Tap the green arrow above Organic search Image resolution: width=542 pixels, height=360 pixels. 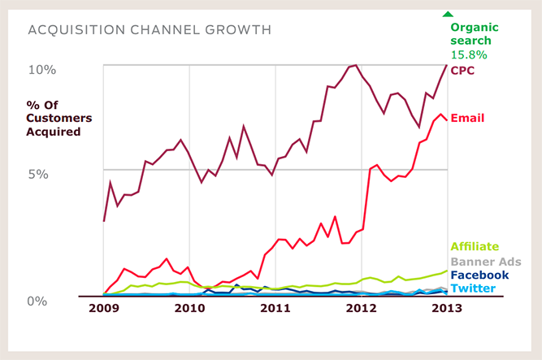(x=446, y=14)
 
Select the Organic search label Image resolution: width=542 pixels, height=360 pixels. (x=475, y=33)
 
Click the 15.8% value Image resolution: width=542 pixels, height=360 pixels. (x=468, y=55)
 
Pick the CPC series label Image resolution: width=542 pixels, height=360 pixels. (x=462, y=70)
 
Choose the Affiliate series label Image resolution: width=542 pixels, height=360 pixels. (x=475, y=246)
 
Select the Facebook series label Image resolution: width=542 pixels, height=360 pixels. (x=479, y=275)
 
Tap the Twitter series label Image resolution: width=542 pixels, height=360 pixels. (x=473, y=288)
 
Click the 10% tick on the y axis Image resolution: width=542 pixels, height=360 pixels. (x=41, y=70)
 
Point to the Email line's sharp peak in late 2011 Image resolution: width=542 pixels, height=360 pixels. (x=335, y=216)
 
